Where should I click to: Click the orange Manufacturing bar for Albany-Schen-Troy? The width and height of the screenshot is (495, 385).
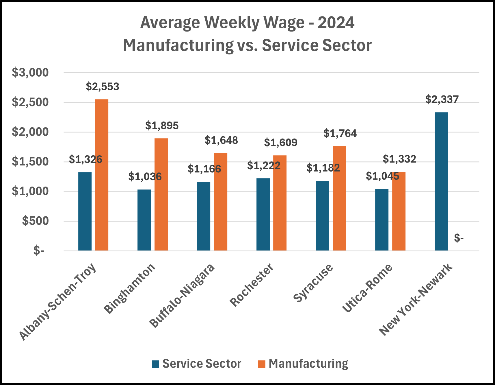102,175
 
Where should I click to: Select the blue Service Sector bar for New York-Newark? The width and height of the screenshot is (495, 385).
441,181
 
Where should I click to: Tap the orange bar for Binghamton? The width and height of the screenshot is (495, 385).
161,194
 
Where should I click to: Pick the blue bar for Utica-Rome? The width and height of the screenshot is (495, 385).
382,220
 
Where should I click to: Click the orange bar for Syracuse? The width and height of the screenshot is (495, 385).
339,198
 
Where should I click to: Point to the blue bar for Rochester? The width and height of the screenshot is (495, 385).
263,214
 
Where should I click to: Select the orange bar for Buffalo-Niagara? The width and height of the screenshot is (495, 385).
220,202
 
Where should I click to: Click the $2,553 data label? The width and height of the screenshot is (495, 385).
103,87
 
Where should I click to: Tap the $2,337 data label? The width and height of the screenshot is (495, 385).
442,100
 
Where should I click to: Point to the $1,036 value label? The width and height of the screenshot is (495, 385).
145,176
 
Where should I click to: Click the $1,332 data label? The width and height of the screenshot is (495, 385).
399,159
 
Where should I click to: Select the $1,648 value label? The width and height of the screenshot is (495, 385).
221,140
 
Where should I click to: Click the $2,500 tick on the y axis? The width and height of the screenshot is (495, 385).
30,102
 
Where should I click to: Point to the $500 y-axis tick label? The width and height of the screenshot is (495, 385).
35,221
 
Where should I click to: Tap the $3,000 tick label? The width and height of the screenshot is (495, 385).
30,73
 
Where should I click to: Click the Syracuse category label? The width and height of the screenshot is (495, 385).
313,283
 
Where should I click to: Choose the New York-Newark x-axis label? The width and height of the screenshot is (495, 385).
416,300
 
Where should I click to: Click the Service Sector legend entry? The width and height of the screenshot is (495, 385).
196,364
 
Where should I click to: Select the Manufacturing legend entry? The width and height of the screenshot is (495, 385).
303,364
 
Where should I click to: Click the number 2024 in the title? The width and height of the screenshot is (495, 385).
336,23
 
